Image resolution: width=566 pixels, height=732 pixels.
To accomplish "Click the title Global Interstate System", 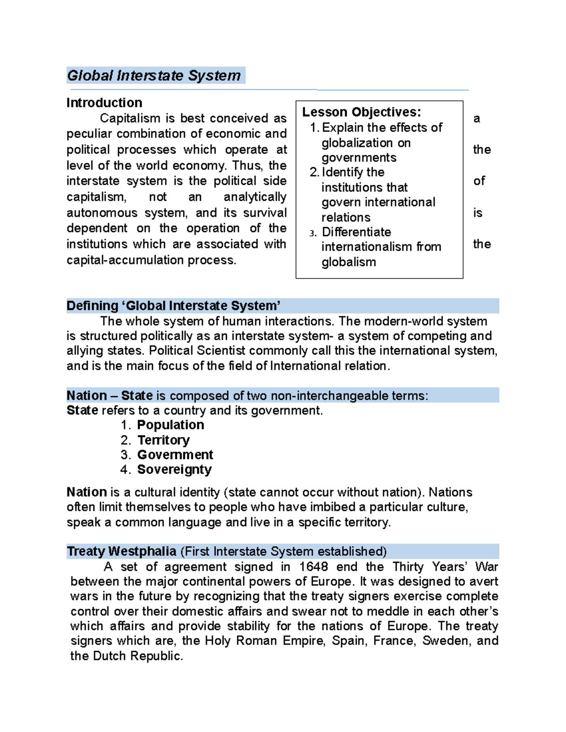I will (154, 75).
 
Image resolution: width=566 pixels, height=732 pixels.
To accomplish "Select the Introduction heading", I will (104, 103).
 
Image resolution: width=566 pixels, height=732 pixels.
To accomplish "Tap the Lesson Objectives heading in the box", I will (361, 112).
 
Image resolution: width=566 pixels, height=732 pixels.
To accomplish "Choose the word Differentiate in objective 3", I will (356, 232).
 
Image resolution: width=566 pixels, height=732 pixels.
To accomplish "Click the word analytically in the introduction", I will (255, 197).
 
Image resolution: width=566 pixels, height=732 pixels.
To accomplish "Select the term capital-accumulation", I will (125, 260).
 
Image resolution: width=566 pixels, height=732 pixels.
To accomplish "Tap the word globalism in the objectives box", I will (349, 262).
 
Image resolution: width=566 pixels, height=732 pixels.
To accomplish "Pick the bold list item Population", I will (170, 425).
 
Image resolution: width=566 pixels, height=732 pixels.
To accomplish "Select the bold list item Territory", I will (163, 440).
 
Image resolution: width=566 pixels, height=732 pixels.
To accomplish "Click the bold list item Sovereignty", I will (174, 469).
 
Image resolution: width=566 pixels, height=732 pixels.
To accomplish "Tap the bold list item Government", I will (175, 455).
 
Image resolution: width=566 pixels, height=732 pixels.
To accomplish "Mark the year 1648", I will (314, 567).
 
